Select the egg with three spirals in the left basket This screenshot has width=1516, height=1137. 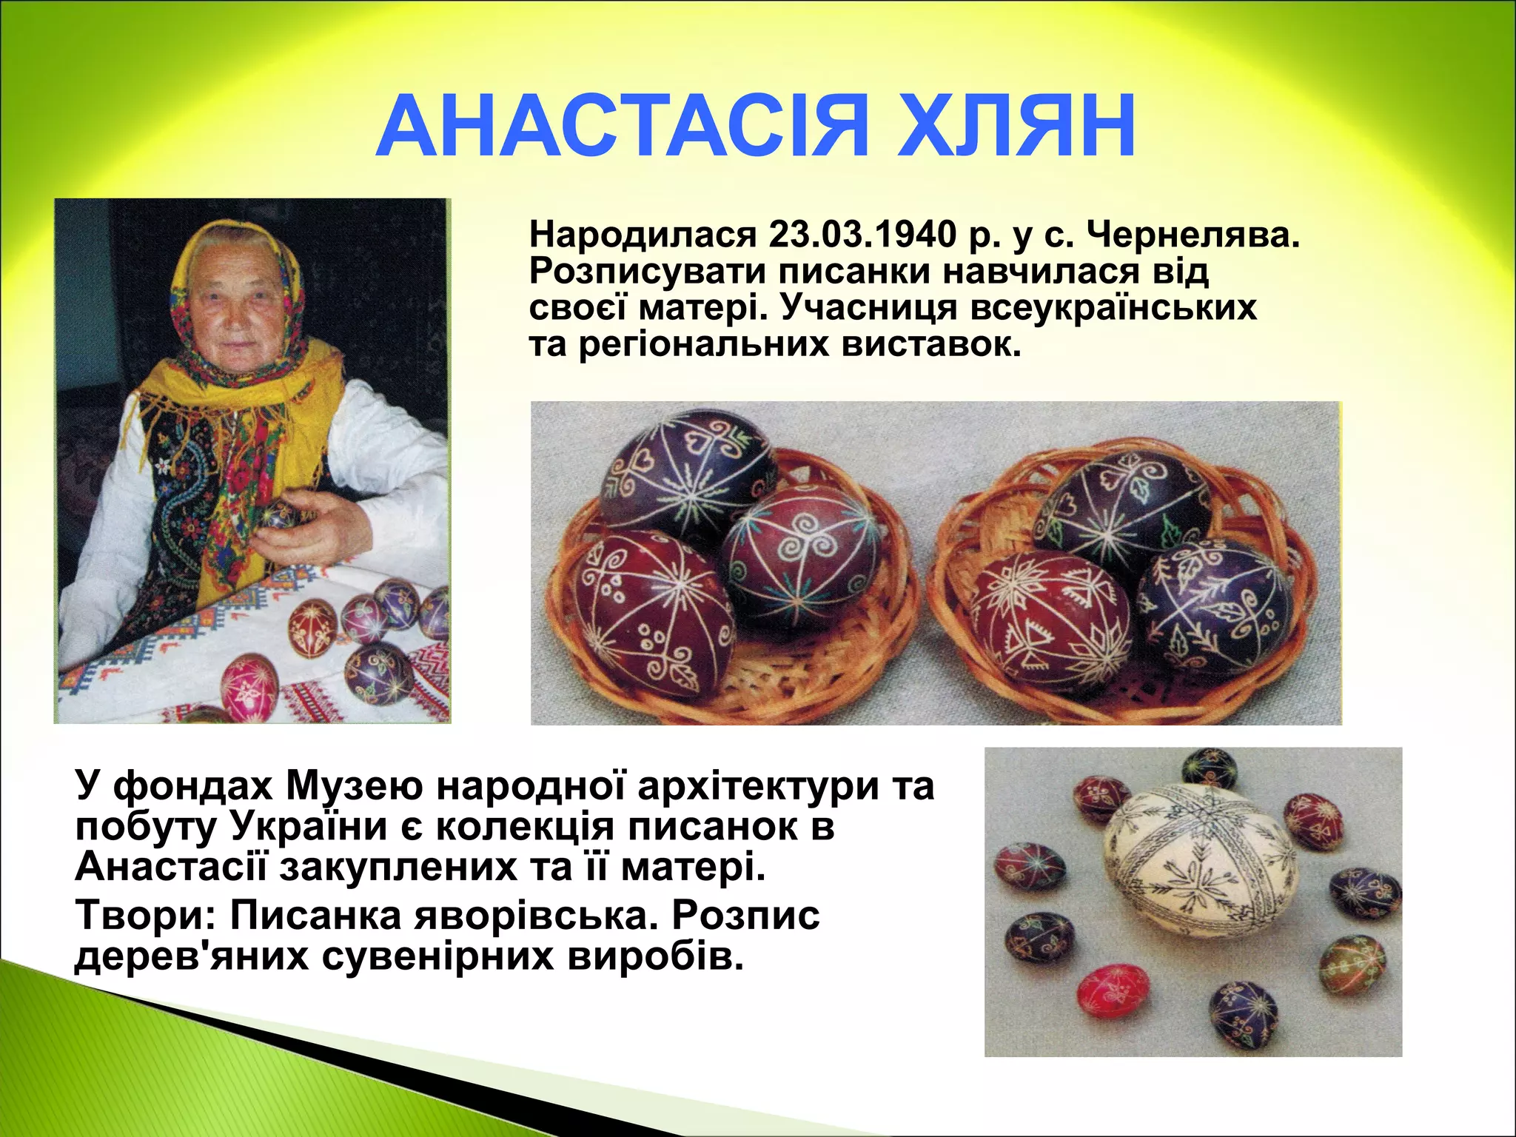799,551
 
